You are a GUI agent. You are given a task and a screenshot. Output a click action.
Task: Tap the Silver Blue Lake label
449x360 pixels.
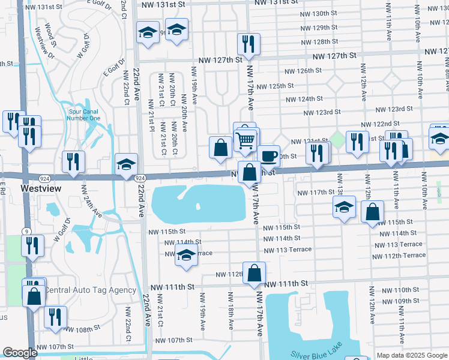click(318, 354)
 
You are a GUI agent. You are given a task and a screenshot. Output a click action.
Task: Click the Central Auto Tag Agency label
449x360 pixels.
click(90, 290)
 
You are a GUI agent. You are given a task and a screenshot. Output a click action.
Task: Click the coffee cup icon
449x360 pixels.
click(269, 156)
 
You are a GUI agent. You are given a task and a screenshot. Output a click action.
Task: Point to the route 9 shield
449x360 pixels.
click(26, 232)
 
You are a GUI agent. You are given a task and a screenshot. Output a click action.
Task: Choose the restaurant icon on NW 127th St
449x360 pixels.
click(247, 43)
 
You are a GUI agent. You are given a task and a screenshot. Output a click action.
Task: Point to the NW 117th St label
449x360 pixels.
click(317, 192)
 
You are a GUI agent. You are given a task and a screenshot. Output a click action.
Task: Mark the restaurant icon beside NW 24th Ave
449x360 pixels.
click(73, 161)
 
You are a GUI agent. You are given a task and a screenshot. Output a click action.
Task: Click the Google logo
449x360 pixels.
click(20, 353)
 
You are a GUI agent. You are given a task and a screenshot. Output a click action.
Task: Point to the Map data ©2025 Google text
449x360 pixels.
click(411, 355)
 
